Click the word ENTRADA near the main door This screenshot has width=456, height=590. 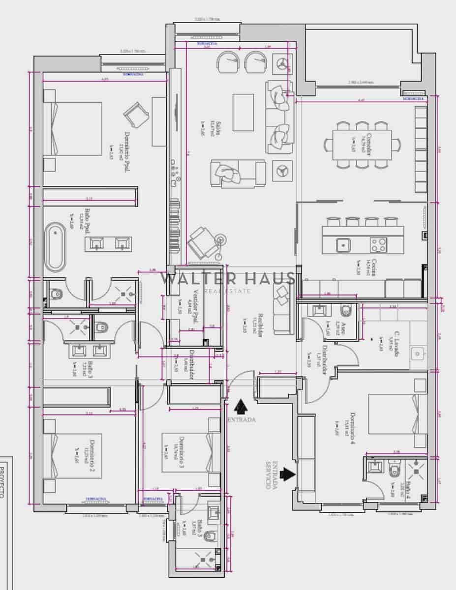(x=242, y=419)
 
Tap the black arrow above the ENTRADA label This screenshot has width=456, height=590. (x=241, y=407)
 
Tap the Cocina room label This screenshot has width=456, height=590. (x=373, y=267)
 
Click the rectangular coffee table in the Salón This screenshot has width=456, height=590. (x=243, y=112)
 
